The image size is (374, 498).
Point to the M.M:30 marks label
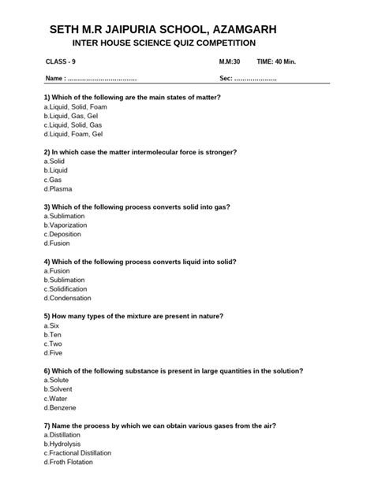230,61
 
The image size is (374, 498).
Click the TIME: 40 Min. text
282,61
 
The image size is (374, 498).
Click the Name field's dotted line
102,80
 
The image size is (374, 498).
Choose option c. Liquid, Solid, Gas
73,124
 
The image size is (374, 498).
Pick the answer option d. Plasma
60,189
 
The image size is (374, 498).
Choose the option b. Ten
54,335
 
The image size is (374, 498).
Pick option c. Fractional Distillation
78,452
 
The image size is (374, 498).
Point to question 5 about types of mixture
133,316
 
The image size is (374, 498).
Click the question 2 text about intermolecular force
151,151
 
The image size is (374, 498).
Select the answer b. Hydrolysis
64,444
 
